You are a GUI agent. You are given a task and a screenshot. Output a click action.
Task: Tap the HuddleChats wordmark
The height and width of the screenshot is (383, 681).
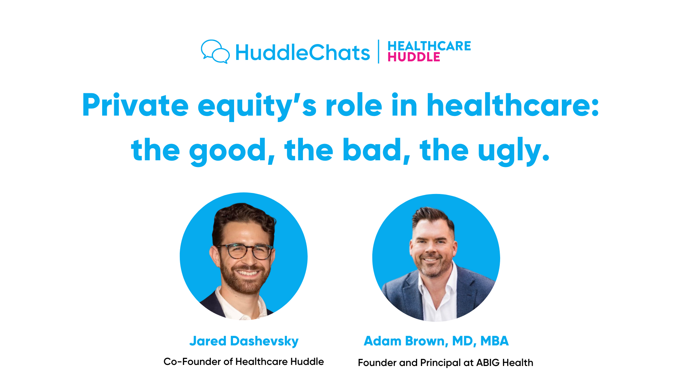pyautogui.click(x=302, y=52)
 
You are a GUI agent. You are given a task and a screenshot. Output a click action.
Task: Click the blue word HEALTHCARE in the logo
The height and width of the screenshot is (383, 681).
pyautogui.click(x=429, y=46)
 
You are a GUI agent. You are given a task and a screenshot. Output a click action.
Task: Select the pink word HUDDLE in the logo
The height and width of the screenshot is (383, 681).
pyautogui.click(x=414, y=57)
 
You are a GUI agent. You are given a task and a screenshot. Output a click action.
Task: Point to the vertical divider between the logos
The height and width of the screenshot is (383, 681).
pyautogui.click(x=378, y=52)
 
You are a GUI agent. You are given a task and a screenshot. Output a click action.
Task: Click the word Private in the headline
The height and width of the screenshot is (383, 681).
pyautogui.click(x=135, y=105)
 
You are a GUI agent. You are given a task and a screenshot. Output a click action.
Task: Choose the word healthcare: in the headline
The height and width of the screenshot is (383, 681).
pyautogui.click(x=512, y=105)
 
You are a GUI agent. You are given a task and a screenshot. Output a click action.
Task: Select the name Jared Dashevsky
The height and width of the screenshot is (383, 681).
pyautogui.click(x=244, y=341)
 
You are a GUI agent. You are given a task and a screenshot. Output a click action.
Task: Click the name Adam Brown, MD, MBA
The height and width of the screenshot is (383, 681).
pyautogui.click(x=436, y=341)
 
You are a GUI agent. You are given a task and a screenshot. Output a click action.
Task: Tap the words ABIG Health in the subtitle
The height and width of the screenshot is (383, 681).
pyautogui.click(x=504, y=362)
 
